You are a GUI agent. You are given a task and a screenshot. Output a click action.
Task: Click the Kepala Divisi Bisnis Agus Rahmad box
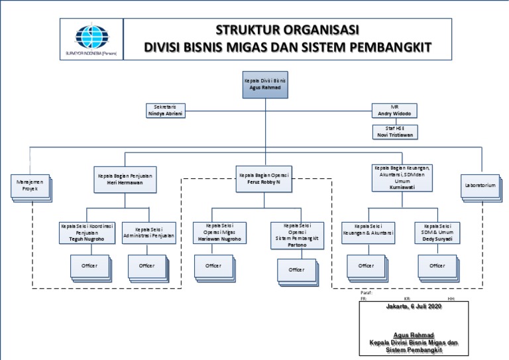point(265,84)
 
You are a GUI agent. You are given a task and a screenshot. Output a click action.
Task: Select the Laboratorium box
point(480,186)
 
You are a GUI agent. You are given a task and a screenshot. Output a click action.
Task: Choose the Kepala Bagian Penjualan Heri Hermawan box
point(125,179)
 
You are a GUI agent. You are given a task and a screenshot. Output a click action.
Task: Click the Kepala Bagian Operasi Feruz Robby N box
point(264,179)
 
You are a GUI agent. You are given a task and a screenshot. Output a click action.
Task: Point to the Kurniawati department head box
point(403,178)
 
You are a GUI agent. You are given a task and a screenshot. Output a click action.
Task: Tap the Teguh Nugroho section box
point(87,233)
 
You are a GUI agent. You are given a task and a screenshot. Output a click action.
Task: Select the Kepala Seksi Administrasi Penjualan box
point(149,233)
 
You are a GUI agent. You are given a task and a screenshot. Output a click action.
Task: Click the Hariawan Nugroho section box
point(219,233)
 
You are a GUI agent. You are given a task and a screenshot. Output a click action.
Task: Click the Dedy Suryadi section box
point(437,233)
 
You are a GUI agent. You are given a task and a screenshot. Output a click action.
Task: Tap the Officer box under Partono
point(296,270)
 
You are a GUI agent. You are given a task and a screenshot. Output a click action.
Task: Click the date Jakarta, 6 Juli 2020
point(414,307)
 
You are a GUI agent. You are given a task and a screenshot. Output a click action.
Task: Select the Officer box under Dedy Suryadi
point(437,266)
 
